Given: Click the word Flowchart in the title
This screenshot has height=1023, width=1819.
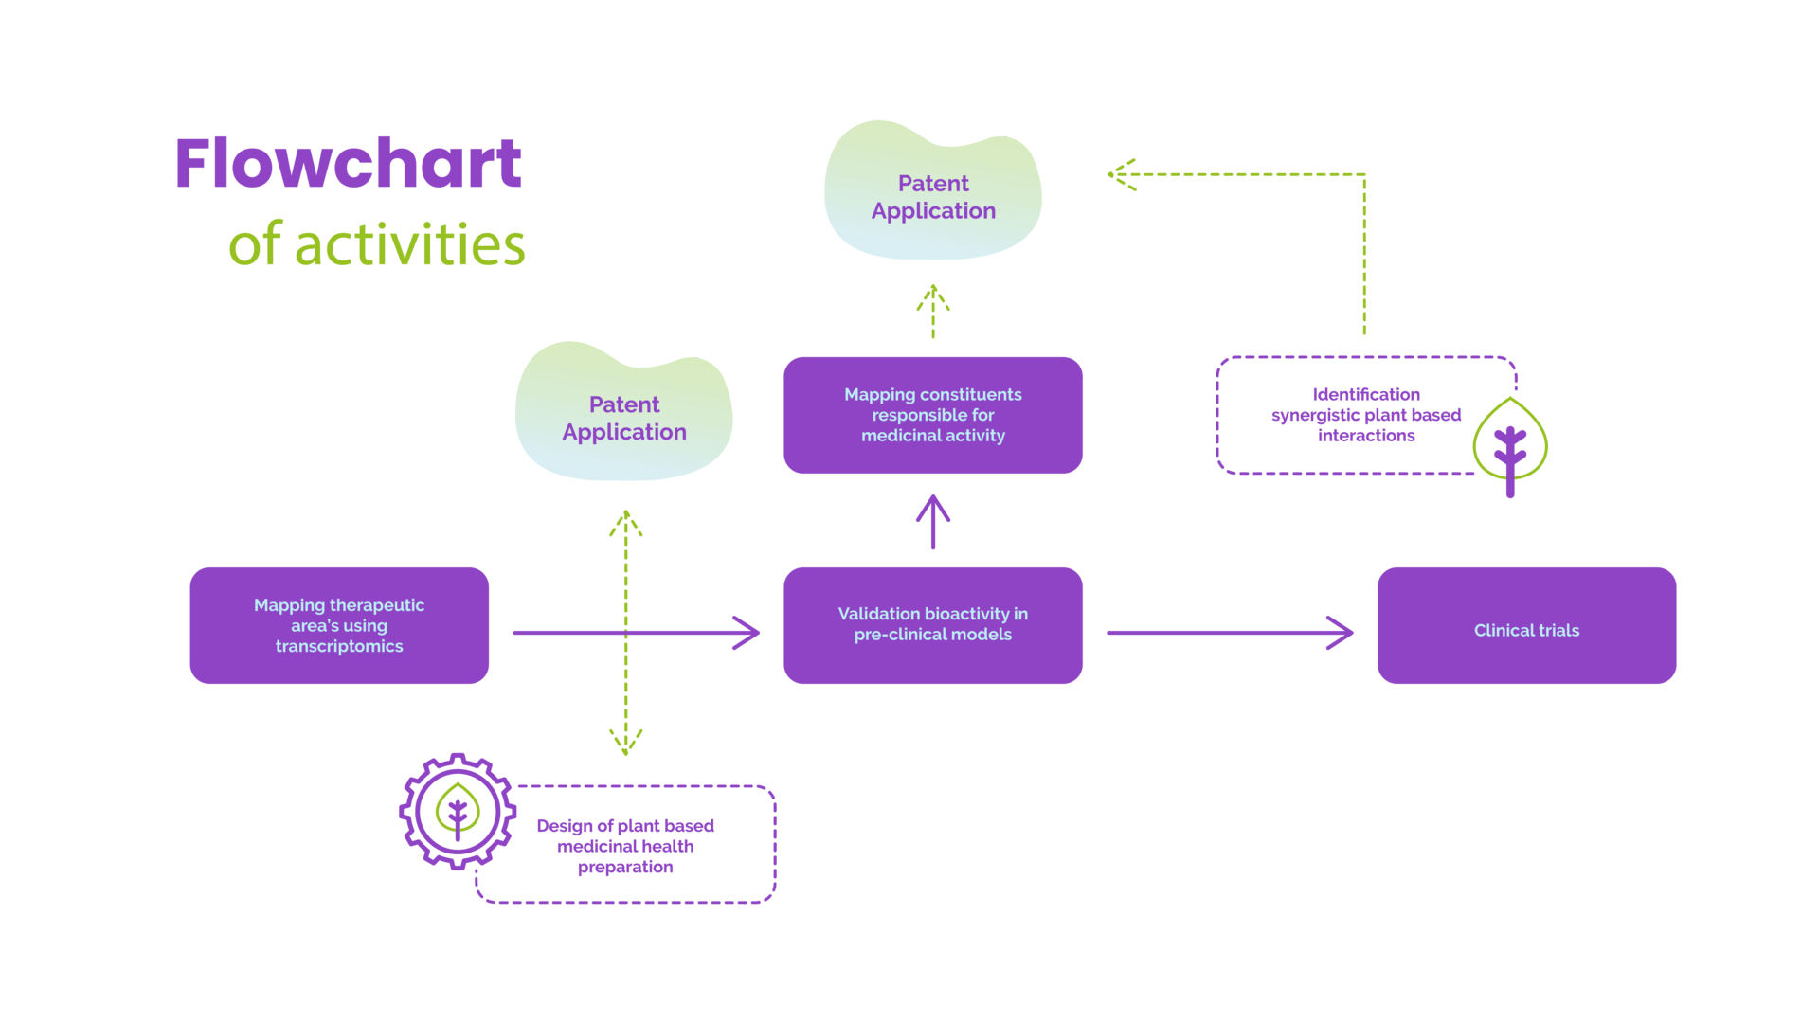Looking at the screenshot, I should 348,164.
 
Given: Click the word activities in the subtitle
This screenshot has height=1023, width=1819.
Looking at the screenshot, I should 409,245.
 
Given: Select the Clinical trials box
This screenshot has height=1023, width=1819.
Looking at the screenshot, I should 1526,626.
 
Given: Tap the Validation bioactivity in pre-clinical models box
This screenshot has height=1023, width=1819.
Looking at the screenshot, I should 933,625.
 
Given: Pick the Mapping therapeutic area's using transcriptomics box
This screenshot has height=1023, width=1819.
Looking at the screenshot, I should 339,625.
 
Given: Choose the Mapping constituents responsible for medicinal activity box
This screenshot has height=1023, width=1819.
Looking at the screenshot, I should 933,415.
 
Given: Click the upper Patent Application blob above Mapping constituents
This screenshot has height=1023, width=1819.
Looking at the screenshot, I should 933,196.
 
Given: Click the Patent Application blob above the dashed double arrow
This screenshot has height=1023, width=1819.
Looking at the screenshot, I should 624,418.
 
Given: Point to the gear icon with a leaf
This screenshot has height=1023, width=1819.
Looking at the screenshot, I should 458,811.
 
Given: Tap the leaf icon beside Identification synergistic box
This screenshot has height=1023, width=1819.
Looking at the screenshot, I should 1510,443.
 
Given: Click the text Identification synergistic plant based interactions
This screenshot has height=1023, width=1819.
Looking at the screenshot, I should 1365,415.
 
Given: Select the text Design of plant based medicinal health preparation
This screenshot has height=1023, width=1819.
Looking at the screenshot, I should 625,846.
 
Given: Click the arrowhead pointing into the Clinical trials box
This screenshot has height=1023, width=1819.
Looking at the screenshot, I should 1341,633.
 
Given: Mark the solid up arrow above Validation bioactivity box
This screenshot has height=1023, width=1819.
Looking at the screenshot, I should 933,521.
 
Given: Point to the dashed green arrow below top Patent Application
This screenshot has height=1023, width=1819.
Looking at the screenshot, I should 933,311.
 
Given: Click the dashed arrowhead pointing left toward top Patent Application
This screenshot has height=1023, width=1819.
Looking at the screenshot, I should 1121,174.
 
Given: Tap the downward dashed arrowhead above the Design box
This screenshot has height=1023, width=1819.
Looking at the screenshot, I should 625,742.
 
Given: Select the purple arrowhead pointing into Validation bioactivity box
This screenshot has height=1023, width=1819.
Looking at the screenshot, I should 747,633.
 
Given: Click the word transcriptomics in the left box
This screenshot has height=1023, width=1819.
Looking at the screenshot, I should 339,646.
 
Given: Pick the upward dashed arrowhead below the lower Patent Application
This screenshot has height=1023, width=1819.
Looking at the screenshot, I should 625,523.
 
